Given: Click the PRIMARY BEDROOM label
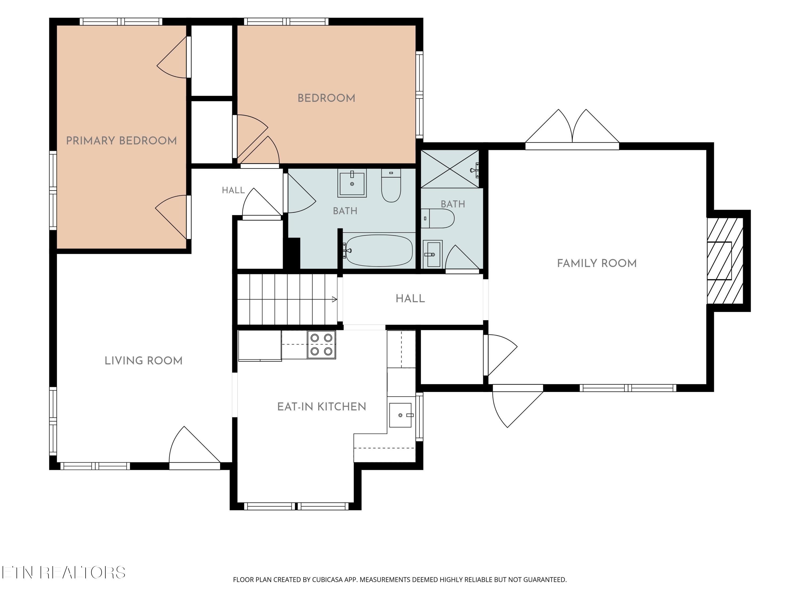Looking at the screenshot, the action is click(122, 141).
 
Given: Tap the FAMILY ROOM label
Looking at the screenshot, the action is click(597, 263).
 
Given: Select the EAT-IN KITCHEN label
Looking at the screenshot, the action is click(322, 407).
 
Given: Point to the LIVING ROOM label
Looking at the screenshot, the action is click(143, 361).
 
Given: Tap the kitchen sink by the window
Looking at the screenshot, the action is click(400, 415).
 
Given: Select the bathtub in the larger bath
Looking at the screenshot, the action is click(379, 251).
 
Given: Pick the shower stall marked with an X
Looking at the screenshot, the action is click(450, 169).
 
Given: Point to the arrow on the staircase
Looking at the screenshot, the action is click(335, 299).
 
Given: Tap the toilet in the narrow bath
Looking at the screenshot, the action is click(438, 218).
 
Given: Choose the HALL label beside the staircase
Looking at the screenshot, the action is click(410, 299).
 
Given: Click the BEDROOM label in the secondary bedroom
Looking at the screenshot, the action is click(326, 98).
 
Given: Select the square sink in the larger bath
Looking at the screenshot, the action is click(352, 183).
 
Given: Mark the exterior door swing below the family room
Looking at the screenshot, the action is click(518, 406).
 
